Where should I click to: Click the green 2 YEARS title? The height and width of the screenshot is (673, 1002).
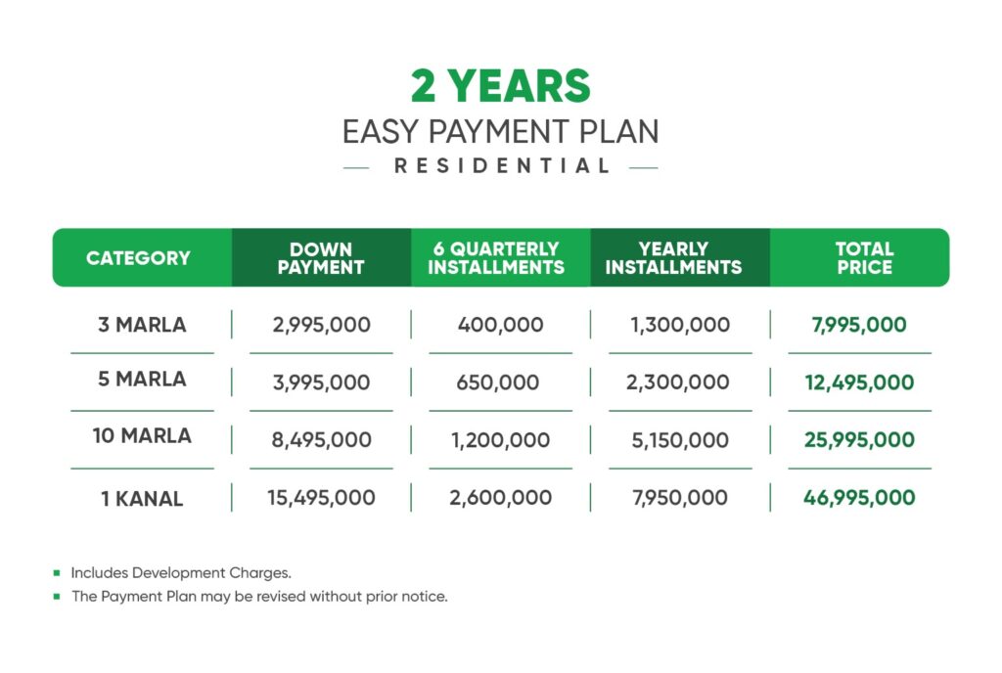tap(500, 86)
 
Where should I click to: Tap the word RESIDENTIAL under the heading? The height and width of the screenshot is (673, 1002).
tap(502, 166)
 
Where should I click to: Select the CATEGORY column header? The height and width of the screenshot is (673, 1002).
tap(138, 258)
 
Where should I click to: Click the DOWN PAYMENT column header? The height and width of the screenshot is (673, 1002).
tap(321, 258)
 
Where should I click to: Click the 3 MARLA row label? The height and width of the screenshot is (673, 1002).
tap(141, 325)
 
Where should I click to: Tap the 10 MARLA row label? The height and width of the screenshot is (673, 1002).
tap(141, 436)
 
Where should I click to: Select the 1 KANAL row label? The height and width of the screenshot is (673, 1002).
tap(141, 499)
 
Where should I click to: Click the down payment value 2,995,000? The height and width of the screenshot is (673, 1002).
tap(322, 325)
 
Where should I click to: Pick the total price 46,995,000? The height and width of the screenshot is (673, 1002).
tap(860, 498)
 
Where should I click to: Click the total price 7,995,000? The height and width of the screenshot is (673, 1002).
tap(859, 325)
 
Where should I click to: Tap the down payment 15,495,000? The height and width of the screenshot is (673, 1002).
tap(321, 498)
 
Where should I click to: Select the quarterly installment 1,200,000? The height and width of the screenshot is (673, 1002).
tap(499, 440)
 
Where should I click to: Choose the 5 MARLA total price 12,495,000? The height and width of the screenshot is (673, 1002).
tap(860, 382)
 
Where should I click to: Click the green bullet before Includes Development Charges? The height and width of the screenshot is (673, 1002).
tap(57, 573)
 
